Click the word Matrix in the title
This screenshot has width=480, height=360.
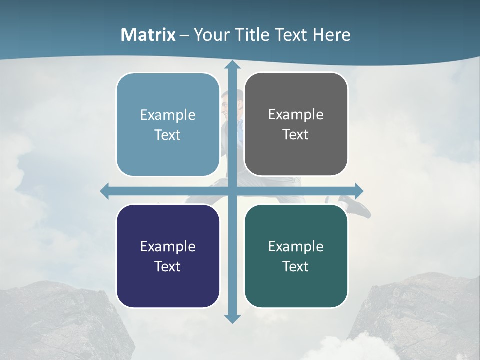[x=148, y=35]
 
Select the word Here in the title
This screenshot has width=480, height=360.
[x=332, y=35]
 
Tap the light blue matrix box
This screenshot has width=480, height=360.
[x=168, y=125]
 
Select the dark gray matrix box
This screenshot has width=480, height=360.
[x=296, y=124]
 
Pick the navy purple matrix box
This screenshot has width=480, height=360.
[x=168, y=256]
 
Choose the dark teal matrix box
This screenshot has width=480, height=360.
[x=296, y=256]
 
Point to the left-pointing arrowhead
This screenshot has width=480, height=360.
[x=105, y=191]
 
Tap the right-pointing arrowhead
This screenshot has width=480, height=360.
[x=358, y=191]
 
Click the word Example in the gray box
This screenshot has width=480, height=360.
[x=296, y=114]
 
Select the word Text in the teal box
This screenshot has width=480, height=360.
[x=296, y=266]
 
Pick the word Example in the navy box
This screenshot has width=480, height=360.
[x=168, y=246]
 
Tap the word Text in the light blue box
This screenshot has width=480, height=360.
[x=168, y=135]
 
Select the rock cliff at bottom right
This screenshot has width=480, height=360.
[x=420, y=315]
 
